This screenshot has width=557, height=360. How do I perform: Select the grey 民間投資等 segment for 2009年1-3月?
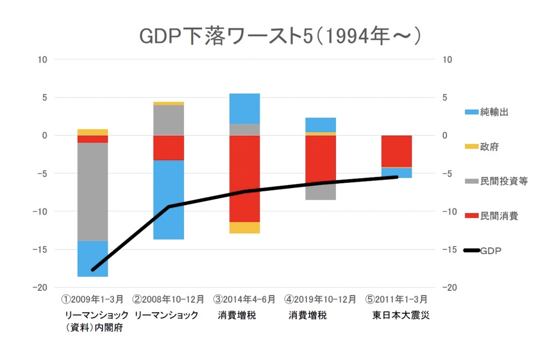point(93,192)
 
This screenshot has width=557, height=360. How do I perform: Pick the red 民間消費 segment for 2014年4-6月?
point(245,178)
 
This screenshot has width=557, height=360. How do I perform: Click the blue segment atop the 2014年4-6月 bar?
point(245,108)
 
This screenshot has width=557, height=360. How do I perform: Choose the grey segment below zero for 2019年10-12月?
point(321,192)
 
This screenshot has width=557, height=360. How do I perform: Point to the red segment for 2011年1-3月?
point(396,151)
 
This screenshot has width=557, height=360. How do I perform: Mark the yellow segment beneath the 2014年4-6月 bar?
point(245,228)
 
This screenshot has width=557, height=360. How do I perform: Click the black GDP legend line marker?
point(472,250)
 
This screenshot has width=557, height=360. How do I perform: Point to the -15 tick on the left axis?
point(42,249)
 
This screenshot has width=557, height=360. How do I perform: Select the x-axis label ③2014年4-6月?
point(245,299)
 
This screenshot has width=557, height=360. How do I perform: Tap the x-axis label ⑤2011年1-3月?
point(396,299)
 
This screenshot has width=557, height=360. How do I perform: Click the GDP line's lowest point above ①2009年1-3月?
point(93,270)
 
